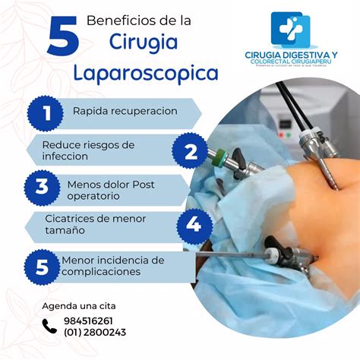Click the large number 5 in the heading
coord(62,37)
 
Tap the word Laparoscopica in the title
coord(146,73)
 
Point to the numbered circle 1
coord(46,113)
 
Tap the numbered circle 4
coord(194,225)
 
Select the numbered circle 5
coord(41,266)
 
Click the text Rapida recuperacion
coord(125,112)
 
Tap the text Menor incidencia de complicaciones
coord(112,266)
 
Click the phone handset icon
coord(50,327)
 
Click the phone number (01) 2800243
coord(95,332)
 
